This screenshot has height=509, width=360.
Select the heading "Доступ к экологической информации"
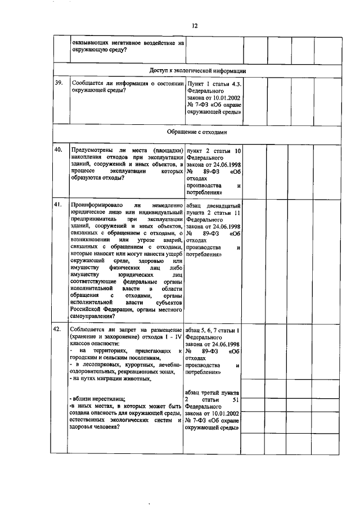click(x=198, y=71)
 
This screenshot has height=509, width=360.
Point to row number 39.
click(x=58, y=83)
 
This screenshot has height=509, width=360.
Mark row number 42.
click(x=58, y=329)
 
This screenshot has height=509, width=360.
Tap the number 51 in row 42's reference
click(x=236, y=399)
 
